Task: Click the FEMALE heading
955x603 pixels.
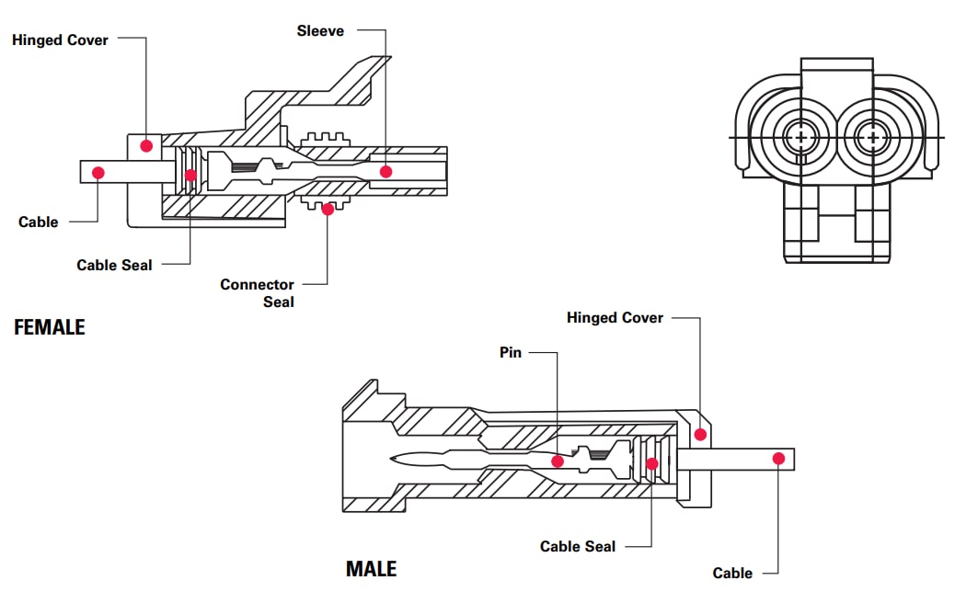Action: (x=50, y=327)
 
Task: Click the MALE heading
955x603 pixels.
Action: (x=371, y=569)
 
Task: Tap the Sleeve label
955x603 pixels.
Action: (x=320, y=31)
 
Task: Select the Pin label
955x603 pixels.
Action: (x=511, y=352)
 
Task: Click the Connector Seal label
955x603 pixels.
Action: (x=257, y=292)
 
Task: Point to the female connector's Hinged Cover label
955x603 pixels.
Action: (x=60, y=40)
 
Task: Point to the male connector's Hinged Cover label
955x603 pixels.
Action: (x=615, y=318)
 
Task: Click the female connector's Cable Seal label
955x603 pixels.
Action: (x=114, y=265)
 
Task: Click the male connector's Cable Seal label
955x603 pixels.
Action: (x=578, y=546)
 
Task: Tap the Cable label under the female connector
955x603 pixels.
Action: (x=38, y=222)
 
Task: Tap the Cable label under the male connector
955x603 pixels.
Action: (x=732, y=573)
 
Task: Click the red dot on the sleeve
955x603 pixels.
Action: (x=386, y=171)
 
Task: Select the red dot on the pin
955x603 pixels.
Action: (x=557, y=461)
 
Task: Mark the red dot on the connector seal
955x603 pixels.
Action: (x=328, y=209)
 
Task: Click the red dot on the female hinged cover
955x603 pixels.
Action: (x=145, y=145)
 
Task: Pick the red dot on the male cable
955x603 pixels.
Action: (x=778, y=458)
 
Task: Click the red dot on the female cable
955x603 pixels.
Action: (x=98, y=172)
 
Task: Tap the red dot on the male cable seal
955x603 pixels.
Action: (x=652, y=463)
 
